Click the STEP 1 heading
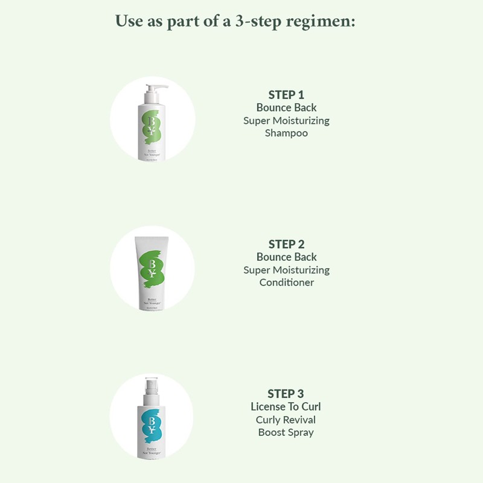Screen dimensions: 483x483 tap(286, 95)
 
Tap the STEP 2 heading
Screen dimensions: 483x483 tap(286, 245)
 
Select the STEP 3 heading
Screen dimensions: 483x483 tap(286, 394)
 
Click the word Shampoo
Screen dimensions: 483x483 tap(286, 133)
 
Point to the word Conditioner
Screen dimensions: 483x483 tap(286, 283)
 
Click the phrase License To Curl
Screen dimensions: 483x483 tap(286, 407)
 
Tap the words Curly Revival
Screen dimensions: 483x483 tap(286, 420)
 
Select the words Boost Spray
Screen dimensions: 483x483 tap(286, 432)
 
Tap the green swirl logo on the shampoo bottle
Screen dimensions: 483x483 tap(151, 127)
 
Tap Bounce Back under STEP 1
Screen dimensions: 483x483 tap(286, 107)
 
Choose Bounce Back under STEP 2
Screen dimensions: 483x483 tap(286, 257)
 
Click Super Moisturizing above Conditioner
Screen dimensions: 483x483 tap(286, 270)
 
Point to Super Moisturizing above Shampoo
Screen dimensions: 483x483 tap(286, 120)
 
